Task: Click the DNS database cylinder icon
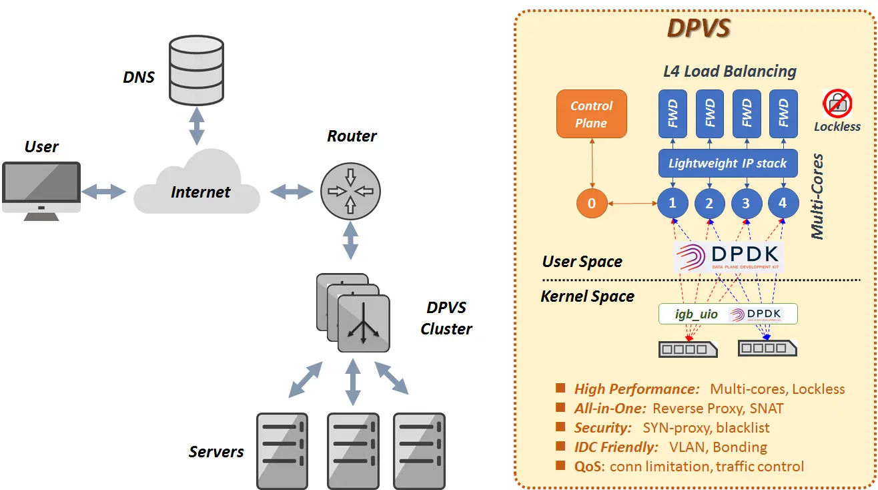coord(196,70)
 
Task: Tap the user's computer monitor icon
coord(41,190)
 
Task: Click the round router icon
coord(350,190)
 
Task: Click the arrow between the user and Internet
coord(103,192)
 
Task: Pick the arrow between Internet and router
coord(292,192)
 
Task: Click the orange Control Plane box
coord(591,114)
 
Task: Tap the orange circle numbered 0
coord(591,204)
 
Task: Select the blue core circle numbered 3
coord(746,204)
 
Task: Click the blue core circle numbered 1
coord(673,203)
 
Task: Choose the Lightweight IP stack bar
coord(727,163)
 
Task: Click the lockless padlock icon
coord(837,103)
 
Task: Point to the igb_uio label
coord(689,314)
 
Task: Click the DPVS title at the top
coord(699,29)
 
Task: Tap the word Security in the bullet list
coord(602,427)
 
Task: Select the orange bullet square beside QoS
coord(560,465)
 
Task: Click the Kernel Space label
coord(587,296)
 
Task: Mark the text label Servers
coord(215,452)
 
